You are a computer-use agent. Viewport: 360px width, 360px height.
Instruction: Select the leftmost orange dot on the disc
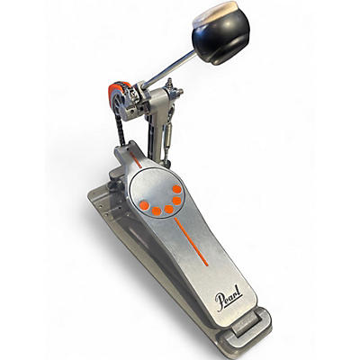click(x=144, y=205)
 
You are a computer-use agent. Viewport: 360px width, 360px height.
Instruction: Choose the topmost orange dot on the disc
click(x=177, y=190)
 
